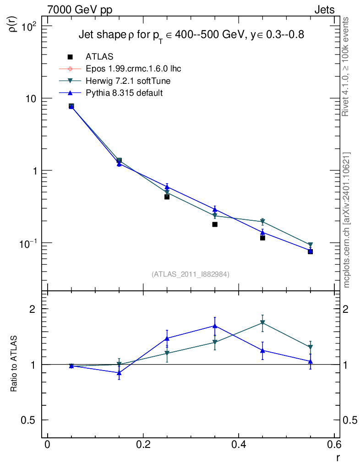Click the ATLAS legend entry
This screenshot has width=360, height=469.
pyautogui.click(x=98, y=57)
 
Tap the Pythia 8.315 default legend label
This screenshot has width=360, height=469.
pyautogui.click(x=124, y=93)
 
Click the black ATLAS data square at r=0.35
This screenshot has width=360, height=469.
pyautogui.click(x=215, y=224)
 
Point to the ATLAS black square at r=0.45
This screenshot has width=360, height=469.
pyautogui.click(x=262, y=238)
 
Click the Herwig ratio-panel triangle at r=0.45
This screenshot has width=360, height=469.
pyautogui.click(x=262, y=323)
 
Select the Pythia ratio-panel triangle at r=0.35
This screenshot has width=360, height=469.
pyautogui.click(x=215, y=326)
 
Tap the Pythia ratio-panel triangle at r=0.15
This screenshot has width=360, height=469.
pyautogui.click(x=119, y=373)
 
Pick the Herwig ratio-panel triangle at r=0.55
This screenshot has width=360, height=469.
pyautogui.click(x=311, y=347)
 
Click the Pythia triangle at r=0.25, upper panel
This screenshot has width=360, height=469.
pyautogui.click(x=167, y=187)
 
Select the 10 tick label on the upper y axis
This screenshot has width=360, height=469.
pyautogui.click(x=33, y=98)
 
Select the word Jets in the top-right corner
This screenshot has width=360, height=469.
pyautogui.click(x=324, y=10)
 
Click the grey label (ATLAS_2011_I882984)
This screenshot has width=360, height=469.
pyautogui.click(x=191, y=274)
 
